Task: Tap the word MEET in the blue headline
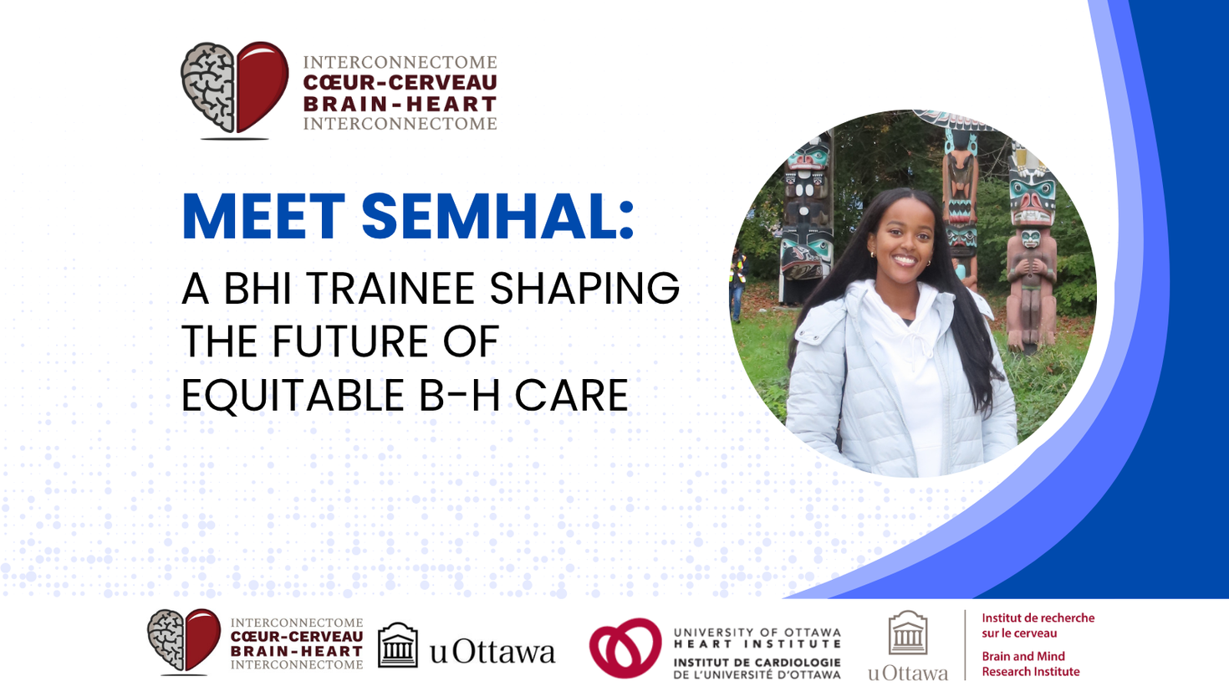tap(263, 217)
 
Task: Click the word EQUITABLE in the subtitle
tap(293, 396)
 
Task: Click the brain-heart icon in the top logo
tap(234, 89)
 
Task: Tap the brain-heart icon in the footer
tap(184, 641)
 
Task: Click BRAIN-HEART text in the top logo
tap(400, 105)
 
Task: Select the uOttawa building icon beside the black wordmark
tap(397, 645)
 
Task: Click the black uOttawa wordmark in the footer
tap(492, 652)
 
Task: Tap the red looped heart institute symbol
tap(625, 648)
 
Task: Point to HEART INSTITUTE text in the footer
tap(757, 644)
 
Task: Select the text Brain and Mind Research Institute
tap(1030, 664)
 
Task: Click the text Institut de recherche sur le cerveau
tap(1038, 625)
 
